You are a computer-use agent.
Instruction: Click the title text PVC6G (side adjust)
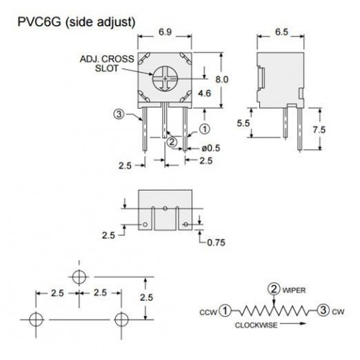(x=76, y=22)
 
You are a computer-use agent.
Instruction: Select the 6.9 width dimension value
(x=165, y=32)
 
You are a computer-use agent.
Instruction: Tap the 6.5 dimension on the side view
(x=282, y=32)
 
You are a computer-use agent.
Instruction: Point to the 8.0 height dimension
(x=222, y=79)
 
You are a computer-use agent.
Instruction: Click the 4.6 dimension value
(x=204, y=93)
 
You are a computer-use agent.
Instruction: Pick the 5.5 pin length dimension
(x=243, y=123)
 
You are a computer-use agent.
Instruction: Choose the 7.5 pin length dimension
(x=319, y=130)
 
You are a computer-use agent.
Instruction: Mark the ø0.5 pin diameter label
(x=211, y=148)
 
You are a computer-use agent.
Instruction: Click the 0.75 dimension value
(x=216, y=243)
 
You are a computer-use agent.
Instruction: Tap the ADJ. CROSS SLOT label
(x=107, y=63)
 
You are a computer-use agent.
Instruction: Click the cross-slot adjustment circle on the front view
(x=165, y=78)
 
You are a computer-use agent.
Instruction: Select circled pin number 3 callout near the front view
(x=119, y=114)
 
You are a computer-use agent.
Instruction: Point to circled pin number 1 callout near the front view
(x=204, y=129)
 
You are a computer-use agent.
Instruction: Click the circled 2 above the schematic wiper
(x=274, y=289)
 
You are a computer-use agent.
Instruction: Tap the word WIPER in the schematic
(x=294, y=290)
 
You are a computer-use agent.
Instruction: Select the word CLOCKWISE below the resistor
(x=256, y=325)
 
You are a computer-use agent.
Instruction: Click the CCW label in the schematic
(x=208, y=312)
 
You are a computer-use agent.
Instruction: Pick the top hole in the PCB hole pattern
(x=79, y=277)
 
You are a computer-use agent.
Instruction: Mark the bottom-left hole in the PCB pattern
(x=36, y=320)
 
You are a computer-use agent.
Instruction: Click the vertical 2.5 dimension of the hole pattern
(x=146, y=297)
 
